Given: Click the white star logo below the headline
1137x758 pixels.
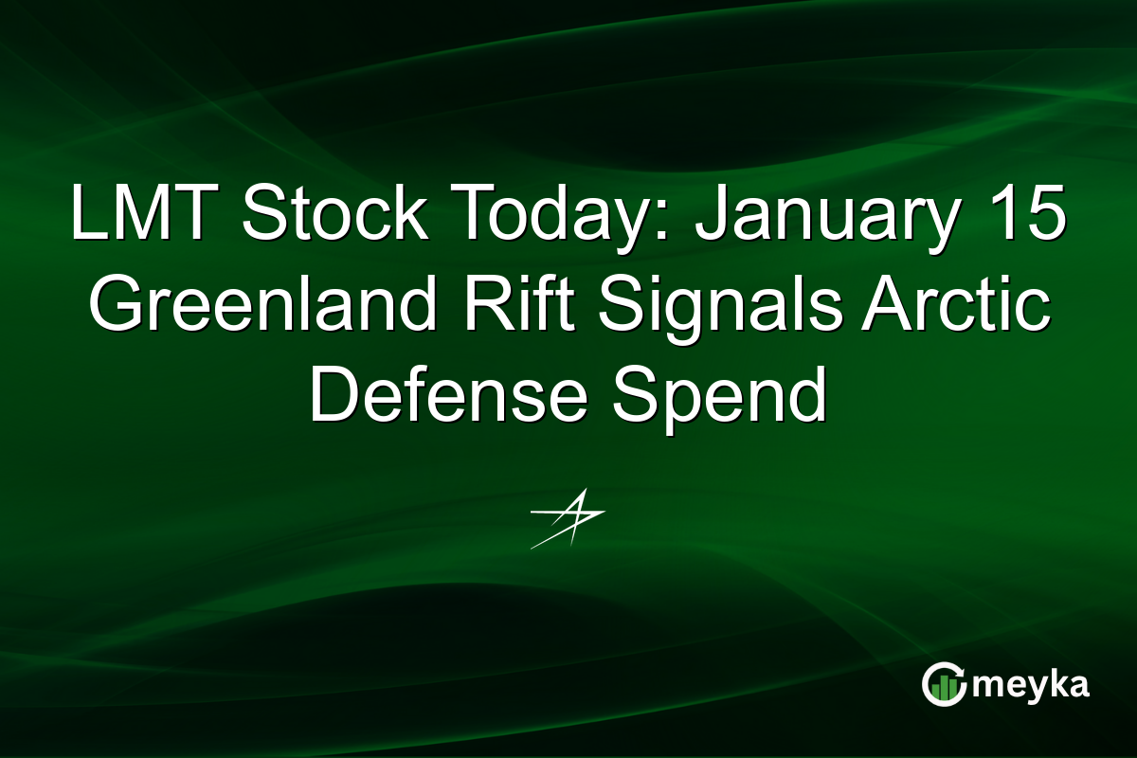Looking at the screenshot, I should pyautogui.click(x=568, y=517).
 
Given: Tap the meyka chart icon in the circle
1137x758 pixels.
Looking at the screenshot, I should pyautogui.click(x=943, y=685).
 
